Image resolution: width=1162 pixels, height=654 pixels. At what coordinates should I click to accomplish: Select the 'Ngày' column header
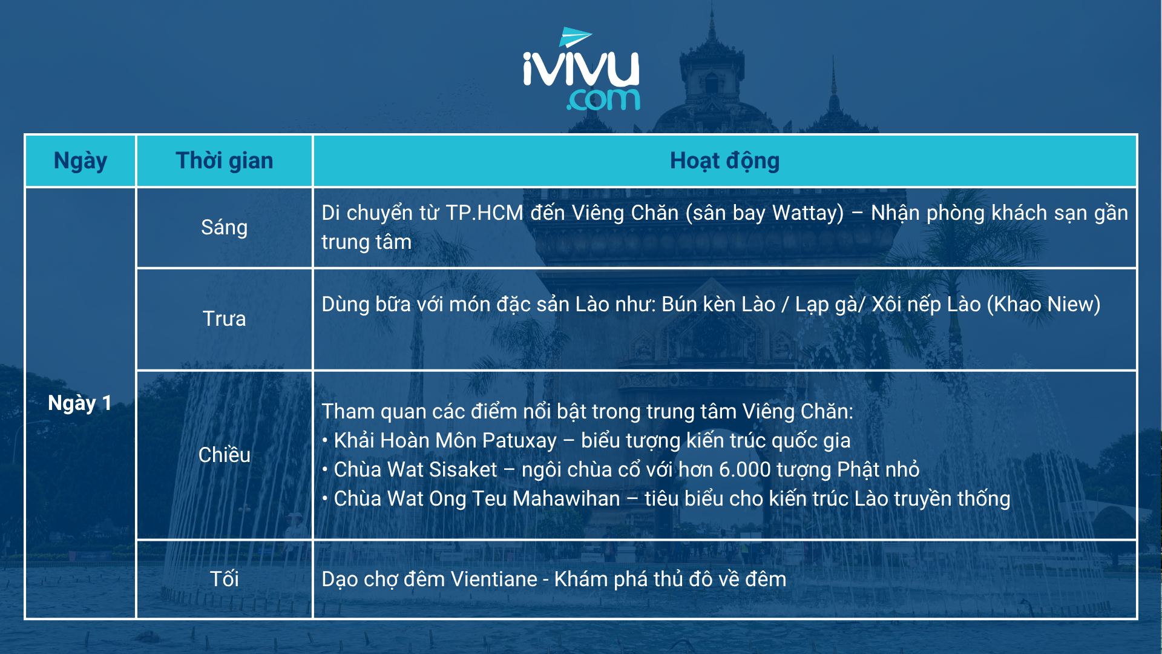click(80, 161)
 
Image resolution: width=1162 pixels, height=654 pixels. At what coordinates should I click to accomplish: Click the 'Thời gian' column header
click(225, 161)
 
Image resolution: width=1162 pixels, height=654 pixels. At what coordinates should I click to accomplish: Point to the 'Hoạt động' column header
click(724, 161)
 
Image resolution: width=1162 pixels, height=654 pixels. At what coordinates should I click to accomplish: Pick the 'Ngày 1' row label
click(80, 403)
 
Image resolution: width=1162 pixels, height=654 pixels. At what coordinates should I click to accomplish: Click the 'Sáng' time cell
click(225, 228)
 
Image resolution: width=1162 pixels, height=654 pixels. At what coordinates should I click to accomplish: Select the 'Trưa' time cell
click(225, 319)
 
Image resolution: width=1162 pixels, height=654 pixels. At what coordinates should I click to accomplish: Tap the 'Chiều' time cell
click(225, 455)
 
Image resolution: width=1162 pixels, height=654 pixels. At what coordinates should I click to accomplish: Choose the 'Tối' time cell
click(225, 579)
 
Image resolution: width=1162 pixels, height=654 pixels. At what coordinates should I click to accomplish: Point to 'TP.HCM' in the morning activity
click(484, 213)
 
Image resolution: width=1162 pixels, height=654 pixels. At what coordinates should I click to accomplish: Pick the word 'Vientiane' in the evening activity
click(494, 580)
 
